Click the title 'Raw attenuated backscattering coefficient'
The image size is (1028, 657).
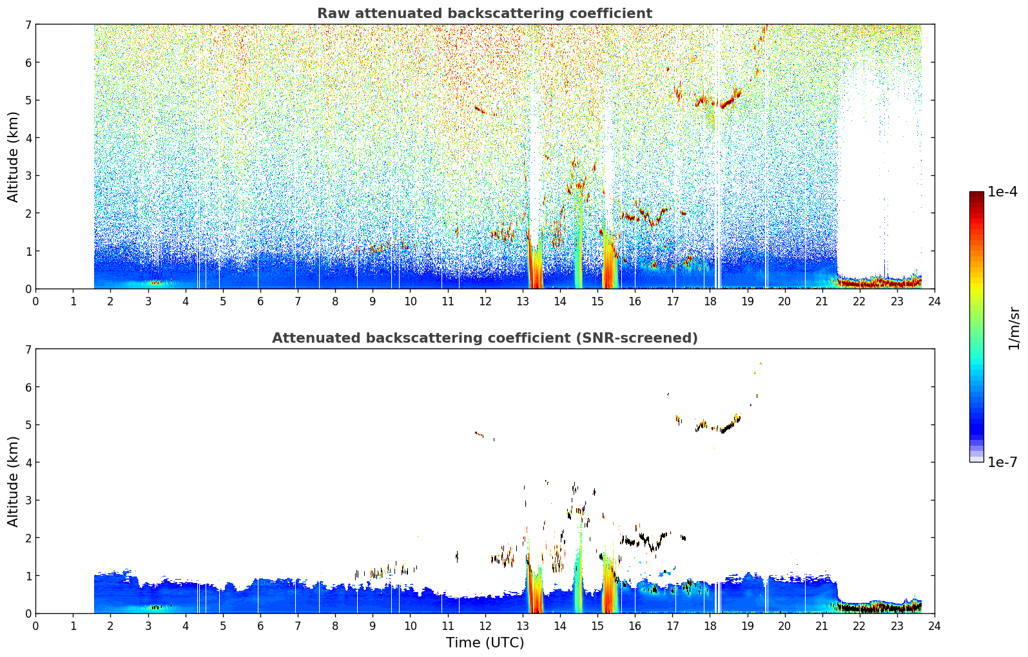[x=485, y=14]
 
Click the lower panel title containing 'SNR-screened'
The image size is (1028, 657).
[x=485, y=338]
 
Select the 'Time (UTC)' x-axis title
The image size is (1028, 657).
[x=485, y=643]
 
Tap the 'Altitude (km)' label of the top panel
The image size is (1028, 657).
[x=13, y=157]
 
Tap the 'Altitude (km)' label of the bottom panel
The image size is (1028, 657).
[x=13, y=481]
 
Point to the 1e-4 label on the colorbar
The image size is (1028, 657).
[x=1002, y=192]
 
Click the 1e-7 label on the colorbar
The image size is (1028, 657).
[x=1002, y=462]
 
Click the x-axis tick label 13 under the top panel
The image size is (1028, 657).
[x=522, y=301]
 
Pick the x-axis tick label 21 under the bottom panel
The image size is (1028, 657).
[x=822, y=626]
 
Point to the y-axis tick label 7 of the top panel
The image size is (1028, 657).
[x=28, y=24]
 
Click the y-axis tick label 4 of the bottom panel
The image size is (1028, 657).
[x=28, y=462]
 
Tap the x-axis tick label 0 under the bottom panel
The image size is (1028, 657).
[x=36, y=626]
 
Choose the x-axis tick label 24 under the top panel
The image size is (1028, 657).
[x=935, y=301]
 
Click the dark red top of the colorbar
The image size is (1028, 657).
[x=976, y=195]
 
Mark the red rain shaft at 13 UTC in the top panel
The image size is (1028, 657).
[x=535, y=264]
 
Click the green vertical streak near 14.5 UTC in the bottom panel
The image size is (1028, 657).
[x=578, y=573]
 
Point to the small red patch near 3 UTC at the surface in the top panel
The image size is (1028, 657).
[x=155, y=283]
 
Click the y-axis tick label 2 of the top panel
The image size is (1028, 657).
[x=28, y=213]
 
